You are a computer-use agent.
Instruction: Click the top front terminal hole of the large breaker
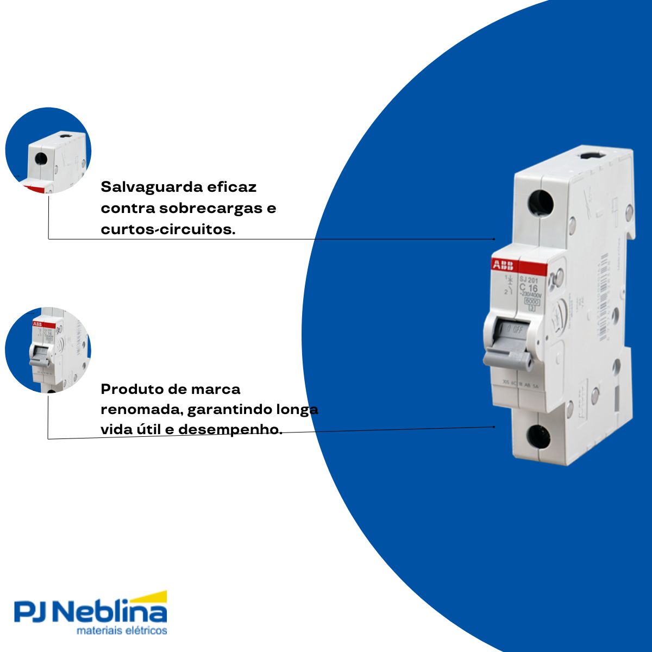pos(541,203)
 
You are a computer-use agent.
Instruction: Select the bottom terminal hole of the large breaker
pos(538,436)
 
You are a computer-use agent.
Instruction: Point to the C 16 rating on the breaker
pos(528,288)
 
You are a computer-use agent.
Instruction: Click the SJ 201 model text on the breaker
pos(528,280)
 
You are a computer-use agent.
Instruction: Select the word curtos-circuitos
pos(168,229)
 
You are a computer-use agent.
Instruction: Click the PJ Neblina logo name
pos(90,612)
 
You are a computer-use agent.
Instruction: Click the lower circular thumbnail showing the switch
pos(48,350)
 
